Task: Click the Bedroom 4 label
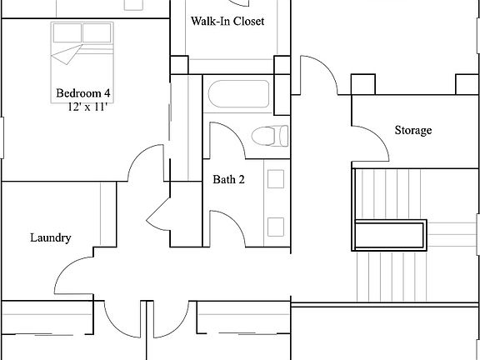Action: (82, 92)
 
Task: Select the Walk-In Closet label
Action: (227, 21)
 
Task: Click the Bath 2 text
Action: (228, 179)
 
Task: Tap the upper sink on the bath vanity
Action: (276, 177)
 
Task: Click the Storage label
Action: (412, 131)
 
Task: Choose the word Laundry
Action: (50, 237)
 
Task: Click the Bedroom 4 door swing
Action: (144, 161)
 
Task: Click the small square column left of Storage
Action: (362, 84)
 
